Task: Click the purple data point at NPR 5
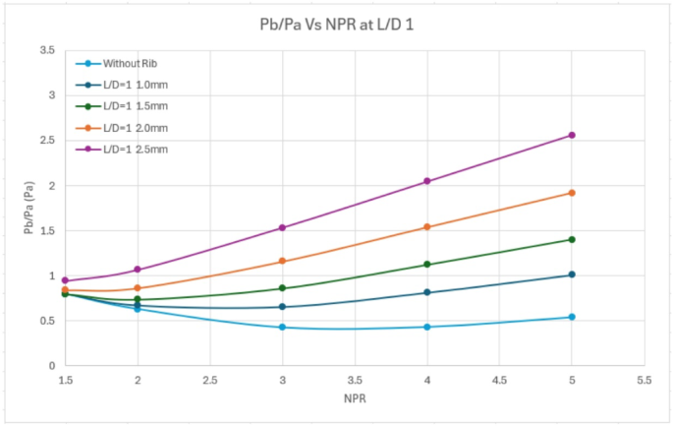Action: tap(572, 135)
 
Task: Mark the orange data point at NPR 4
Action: tap(426, 227)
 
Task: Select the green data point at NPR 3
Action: tap(283, 288)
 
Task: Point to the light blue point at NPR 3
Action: tap(283, 327)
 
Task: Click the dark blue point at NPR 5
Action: tap(572, 274)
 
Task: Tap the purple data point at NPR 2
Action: tap(138, 270)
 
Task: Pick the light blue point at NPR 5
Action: tap(572, 317)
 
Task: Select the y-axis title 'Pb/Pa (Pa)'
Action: tap(30, 208)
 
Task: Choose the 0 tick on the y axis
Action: tap(51, 366)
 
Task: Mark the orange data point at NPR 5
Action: tap(572, 193)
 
